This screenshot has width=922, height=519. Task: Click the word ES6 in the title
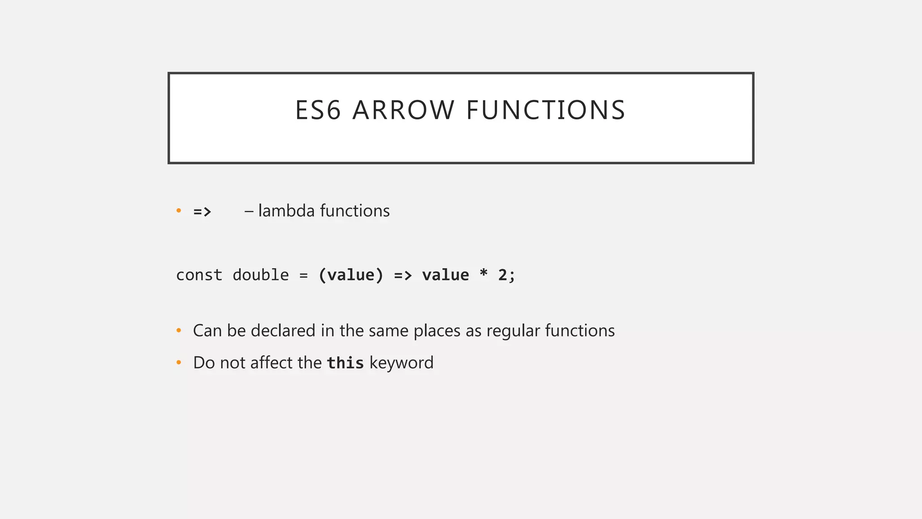(x=317, y=110)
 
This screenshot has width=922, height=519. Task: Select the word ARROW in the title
(x=403, y=110)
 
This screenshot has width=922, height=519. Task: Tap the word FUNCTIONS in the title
(x=546, y=110)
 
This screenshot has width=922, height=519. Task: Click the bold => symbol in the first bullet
(x=202, y=211)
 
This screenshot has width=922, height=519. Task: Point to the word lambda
(x=286, y=211)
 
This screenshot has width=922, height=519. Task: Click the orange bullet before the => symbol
(x=179, y=210)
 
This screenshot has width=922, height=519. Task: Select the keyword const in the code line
(x=199, y=275)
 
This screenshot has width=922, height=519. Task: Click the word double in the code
(x=261, y=275)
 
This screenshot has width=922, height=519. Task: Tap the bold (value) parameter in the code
(x=351, y=275)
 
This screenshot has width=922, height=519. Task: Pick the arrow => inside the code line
(x=403, y=275)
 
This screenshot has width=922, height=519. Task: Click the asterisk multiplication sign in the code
(x=484, y=274)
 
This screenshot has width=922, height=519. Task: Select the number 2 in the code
(x=502, y=275)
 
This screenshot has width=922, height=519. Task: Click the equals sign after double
(x=303, y=275)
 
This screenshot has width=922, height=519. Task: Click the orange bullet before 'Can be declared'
(x=179, y=331)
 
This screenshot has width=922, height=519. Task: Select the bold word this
(x=345, y=363)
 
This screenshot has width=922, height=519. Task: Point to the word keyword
(x=402, y=363)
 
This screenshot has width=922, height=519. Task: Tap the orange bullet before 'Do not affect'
(x=179, y=362)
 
